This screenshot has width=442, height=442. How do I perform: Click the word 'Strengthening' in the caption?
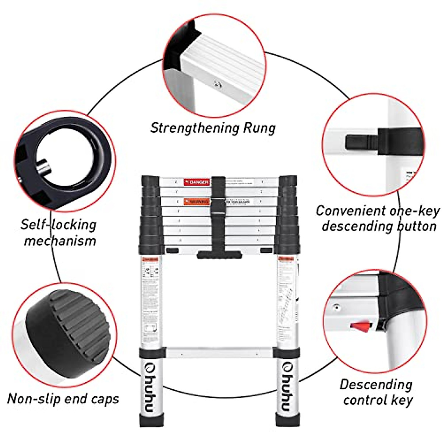click(189, 128)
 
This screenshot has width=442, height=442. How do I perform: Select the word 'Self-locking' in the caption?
click(58, 225)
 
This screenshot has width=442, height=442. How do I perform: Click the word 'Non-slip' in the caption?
click(34, 399)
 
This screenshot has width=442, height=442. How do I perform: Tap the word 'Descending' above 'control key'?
click(376, 385)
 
